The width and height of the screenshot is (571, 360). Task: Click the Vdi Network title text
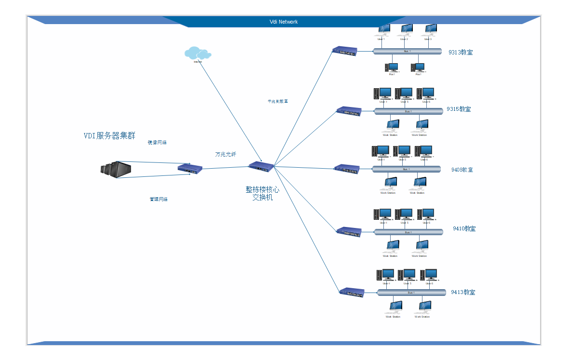coord(284,22)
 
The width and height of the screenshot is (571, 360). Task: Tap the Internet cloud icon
coord(197,53)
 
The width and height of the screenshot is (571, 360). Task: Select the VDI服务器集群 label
coord(109,136)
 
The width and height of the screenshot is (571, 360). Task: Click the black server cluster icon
coord(116,170)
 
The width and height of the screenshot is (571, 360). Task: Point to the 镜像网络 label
coord(157,143)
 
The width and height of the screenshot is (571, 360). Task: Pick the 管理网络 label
coord(159,200)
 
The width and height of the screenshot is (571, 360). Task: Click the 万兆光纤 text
coord(226,155)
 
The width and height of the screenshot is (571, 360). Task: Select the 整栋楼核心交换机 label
coord(262,193)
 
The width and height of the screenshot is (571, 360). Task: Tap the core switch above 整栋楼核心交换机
coord(261,166)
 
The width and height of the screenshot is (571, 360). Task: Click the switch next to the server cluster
coord(190,168)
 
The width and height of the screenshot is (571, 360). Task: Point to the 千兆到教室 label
coord(278,102)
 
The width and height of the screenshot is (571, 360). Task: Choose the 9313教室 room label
coord(461,53)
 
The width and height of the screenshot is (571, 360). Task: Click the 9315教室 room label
coord(459,109)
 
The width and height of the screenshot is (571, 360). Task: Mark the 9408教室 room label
coord(462,170)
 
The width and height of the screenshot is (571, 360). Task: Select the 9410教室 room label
coord(464,228)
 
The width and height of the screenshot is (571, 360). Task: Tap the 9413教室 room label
coord(463,292)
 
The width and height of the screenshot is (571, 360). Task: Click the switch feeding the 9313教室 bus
coord(344,51)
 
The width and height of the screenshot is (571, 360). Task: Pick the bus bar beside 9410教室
coord(408,232)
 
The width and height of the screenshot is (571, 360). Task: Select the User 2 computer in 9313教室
coord(406,30)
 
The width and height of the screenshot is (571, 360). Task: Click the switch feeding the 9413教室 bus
coord(352,292)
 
